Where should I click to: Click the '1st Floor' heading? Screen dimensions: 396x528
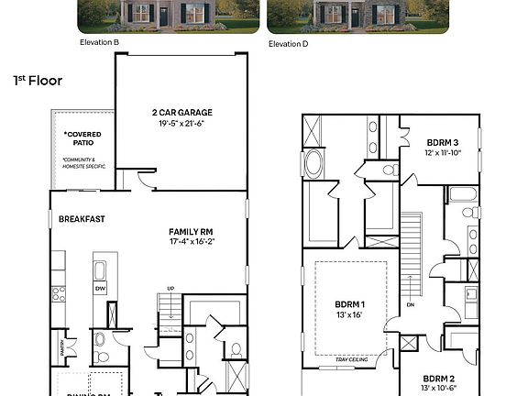pos(38,81)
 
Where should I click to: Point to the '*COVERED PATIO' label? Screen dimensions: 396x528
pos(82,139)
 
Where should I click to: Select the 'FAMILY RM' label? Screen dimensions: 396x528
pos(192,231)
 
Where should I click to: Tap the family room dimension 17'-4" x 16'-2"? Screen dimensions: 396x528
pos(192,242)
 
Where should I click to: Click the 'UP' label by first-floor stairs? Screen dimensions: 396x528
pos(170,287)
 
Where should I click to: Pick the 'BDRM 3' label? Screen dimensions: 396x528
pos(443,143)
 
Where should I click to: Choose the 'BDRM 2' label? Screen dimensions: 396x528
pos(440,378)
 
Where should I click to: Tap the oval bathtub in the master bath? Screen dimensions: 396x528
pos(313,166)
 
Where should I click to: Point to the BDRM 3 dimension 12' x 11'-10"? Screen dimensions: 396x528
pos(443,154)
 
